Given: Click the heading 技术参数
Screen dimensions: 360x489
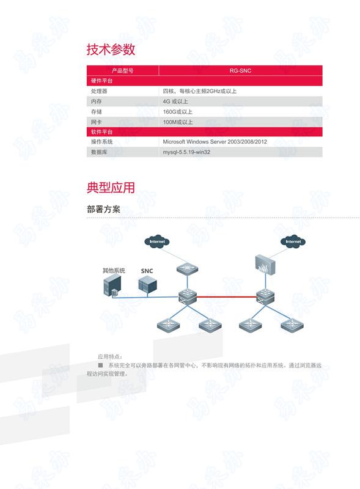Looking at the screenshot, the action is tap(111, 50).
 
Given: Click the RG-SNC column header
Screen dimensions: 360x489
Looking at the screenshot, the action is tap(240, 71).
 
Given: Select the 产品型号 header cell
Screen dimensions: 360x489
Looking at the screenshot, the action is tap(123, 71).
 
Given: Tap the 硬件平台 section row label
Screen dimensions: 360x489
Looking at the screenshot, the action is tap(101, 81).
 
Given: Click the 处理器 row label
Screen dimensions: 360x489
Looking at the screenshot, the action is tap(99, 91).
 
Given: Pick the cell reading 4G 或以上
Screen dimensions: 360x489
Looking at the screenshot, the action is tap(175, 101).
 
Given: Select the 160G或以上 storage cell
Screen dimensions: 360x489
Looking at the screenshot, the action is tap(177, 112).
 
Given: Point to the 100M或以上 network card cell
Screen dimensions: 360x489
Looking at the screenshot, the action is tap(177, 122).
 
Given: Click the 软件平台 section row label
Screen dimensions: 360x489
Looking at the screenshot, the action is tap(101, 131).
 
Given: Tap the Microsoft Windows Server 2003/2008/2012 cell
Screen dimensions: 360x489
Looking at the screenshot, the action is tap(215, 142).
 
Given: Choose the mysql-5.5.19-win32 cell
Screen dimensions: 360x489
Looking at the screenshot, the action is tap(186, 152).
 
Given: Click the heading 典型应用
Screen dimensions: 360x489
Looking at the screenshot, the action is tap(111, 188).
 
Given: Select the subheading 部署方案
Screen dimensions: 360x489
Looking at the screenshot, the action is tap(103, 209).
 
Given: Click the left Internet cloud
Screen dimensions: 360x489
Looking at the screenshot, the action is tap(157, 241).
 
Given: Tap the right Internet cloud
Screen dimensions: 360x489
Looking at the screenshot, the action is tap(293, 241).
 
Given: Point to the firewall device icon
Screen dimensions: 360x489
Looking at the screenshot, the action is tap(265, 265).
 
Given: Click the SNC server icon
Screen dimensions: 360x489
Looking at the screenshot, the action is tap(147, 285).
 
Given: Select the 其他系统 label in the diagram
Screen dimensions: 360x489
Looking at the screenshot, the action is tap(114, 270).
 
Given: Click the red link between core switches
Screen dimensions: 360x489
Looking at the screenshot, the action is tap(227, 296).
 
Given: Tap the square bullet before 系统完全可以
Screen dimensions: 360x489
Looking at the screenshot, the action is tap(100, 365).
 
